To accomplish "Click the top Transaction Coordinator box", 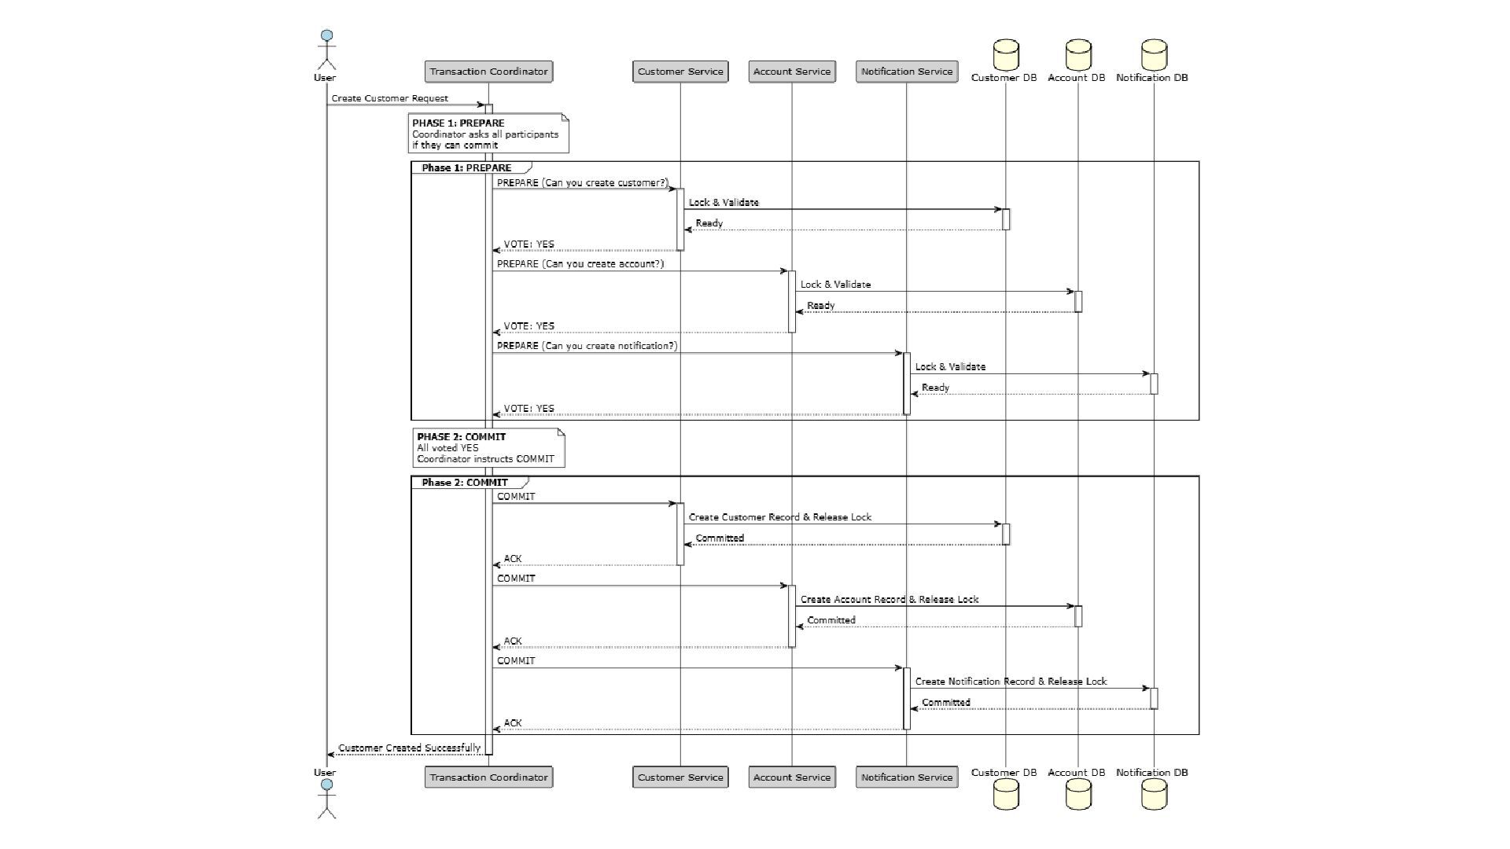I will click(488, 72).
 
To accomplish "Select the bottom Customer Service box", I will click(680, 777).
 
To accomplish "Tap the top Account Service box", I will click(791, 72).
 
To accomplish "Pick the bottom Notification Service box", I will click(906, 777).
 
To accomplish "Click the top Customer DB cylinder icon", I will click(1006, 55).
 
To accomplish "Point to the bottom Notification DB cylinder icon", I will click(1154, 795).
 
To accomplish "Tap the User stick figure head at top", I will click(327, 36).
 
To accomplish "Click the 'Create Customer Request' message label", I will click(389, 98).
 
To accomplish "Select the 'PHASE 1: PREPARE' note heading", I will click(459, 123).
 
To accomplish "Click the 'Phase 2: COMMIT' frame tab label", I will click(465, 483).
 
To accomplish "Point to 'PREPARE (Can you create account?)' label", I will click(580, 264).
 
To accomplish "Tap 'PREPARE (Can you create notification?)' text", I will click(587, 346).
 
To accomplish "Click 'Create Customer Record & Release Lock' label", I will click(780, 517).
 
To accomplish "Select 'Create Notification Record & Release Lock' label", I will click(1011, 682).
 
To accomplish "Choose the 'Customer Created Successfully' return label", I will click(409, 748).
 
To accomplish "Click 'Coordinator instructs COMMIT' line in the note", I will click(485, 459).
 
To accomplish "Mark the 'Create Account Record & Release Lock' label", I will click(889, 599).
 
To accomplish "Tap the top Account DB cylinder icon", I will click(1078, 55).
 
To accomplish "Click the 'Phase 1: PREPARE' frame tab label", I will click(466, 168).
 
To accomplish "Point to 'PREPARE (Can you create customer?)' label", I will click(582, 183).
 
